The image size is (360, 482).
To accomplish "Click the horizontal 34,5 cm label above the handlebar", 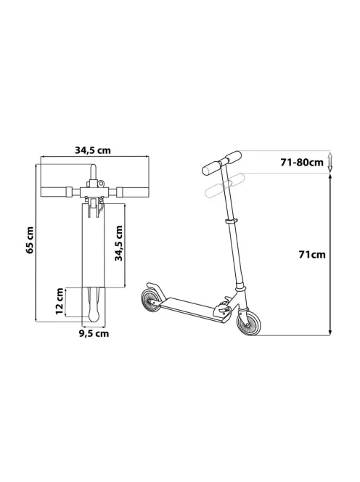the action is coord(92,150).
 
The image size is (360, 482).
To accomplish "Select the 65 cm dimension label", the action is coord(30,240).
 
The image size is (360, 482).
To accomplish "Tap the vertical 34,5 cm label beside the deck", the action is coord(118,243).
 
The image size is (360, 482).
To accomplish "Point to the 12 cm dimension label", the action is coord(60,301).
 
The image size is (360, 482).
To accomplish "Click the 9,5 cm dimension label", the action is coord(94,333).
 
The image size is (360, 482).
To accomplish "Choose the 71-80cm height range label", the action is coord(302,162).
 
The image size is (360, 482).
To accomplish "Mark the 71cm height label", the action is coord(312,255).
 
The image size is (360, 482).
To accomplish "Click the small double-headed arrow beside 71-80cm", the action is coord(330,162).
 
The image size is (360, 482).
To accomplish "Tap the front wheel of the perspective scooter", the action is coord(249,323).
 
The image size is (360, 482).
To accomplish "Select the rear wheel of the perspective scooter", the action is coord(151,301).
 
